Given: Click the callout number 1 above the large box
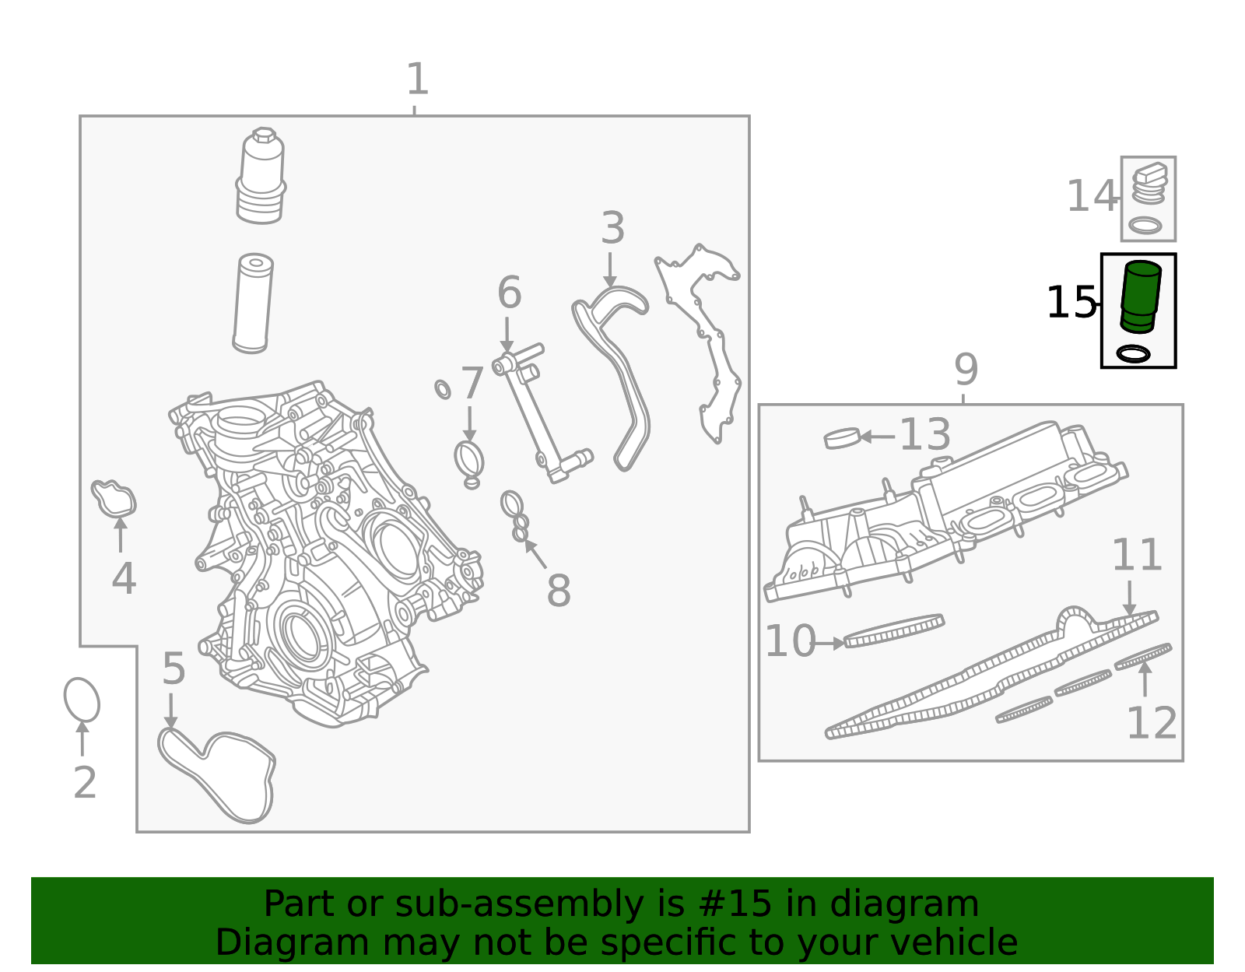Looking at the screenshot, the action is [417, 79].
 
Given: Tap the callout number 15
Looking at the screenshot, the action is [1071, 303].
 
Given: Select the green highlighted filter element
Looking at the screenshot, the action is [1140, 297].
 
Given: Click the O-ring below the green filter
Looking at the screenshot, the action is [1133, 353].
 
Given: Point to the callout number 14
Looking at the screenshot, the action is [1092, 196].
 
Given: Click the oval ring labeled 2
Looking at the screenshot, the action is [82, 700].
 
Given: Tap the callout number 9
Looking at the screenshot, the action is [966, 370].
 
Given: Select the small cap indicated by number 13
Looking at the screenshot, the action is [842, 438].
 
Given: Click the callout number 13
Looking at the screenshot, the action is [925, 434].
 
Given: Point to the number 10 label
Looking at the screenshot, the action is [790, 641].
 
